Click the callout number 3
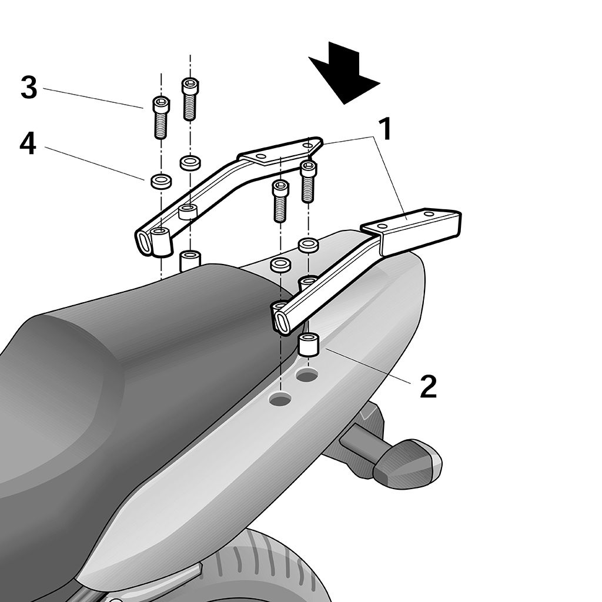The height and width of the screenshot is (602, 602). (x=29, y=88)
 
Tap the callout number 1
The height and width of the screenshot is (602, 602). (x=384, y=129)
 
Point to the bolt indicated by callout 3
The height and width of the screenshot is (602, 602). (x=161, y=117)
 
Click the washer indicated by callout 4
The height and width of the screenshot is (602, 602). (x=161, y=180)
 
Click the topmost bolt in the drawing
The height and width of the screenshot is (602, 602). (x=190, y=99)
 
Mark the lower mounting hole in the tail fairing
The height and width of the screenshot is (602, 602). (x=280, y=399)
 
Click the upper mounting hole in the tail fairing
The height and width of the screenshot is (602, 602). (x=306, y=374)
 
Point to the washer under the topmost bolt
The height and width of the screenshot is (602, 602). (x=190, y=163)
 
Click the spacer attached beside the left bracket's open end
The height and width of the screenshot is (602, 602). (x=161, y=242)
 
